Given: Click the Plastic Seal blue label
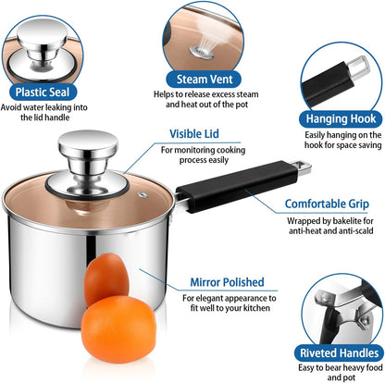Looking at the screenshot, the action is [x=43, y=93].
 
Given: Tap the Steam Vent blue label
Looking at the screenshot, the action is [x=205, y=80].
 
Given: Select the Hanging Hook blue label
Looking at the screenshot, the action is [x=341, y=118].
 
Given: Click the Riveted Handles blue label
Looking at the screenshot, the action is [x=339, y=352].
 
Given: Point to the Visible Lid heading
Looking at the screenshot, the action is [x=194, y=134].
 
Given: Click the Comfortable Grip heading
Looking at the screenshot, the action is [x=327, y=204].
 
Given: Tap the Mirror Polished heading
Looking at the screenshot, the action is [x=227, y=282].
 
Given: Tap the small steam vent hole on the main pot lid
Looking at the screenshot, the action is [x=143, y=195].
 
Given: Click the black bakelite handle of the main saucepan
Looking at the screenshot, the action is [x=238, y=186].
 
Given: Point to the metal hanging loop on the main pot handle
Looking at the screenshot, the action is [x=301, y=167].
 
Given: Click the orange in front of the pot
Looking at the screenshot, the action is [x=118, y=329].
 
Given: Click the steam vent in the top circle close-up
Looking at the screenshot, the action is [x=202, y=52].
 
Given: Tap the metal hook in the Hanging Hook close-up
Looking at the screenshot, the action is [x=358, y=67].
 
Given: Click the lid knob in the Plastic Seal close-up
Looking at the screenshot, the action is [x=42, y=43].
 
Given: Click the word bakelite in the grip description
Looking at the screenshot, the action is [x=347, y=221].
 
